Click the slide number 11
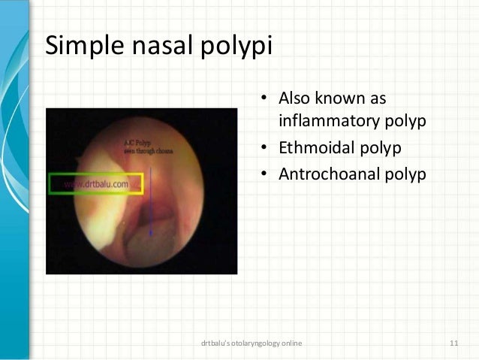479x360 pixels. [x=453, y=343]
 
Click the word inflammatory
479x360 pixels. [x=325, y=119]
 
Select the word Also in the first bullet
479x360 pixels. [x=295, y=98]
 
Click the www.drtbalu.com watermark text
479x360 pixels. [x=96, y=183]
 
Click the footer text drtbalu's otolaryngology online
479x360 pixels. [x=252, y=343]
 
